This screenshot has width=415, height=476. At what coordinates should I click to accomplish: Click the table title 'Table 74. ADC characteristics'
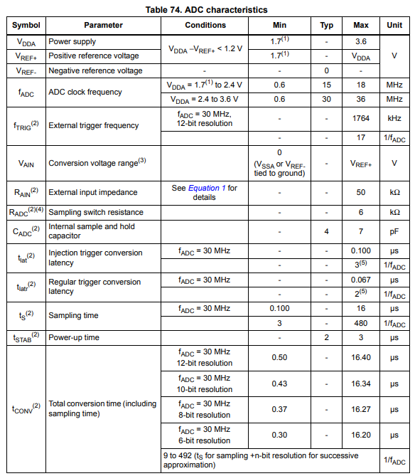coord(206,10)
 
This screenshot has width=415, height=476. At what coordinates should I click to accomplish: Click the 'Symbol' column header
coord(26,25)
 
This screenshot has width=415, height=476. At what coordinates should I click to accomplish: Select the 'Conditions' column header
coord(205,25)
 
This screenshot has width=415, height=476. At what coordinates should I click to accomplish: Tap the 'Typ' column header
coord(326,25)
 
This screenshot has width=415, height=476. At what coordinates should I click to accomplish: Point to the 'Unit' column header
coord(394,25)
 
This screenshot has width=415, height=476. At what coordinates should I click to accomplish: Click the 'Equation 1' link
coord(207,188)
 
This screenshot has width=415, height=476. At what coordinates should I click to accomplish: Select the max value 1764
coord(361,118)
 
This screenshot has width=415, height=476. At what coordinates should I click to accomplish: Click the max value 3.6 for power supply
coord(361,41)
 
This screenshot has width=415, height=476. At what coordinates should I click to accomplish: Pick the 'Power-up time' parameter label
coord(74,337)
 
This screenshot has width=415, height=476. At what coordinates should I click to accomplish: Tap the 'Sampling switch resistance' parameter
coord(95,212)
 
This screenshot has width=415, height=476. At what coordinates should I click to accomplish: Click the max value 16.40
coord(361,357)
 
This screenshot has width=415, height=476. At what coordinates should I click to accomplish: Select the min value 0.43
coord(279,384)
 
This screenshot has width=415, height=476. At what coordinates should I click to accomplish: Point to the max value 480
coord(361,323)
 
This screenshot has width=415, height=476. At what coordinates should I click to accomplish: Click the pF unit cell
coord(394,232)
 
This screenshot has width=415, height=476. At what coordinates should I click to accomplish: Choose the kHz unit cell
coord(394,118)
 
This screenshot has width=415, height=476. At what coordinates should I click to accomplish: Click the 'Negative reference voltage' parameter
coord(95,70)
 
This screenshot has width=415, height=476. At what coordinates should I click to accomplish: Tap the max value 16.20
coord(361,435)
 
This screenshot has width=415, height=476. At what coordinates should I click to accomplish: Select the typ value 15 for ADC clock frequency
coord(326,85)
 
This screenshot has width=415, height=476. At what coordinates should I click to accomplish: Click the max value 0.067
coord(361,280)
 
